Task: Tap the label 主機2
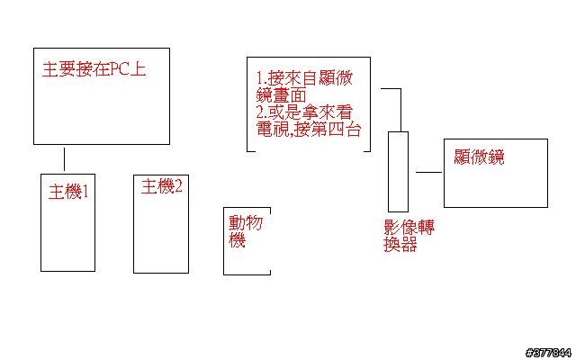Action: click(x=162, y=187)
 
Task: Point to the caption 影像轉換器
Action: click(x=409, y=235)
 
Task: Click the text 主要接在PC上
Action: click(x=94, y=70)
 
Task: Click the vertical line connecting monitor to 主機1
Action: click(x=64, y=159)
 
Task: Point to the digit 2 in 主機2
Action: click(x=178, y=187)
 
